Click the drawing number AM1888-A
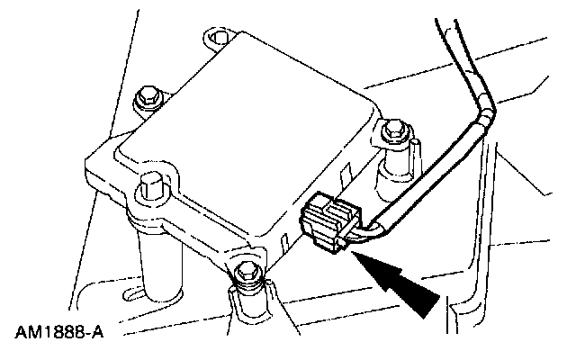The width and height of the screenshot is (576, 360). tap(58, 332)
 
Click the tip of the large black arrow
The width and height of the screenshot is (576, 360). tap(358, 257)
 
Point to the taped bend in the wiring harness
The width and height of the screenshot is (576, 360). tap(487, 118)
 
